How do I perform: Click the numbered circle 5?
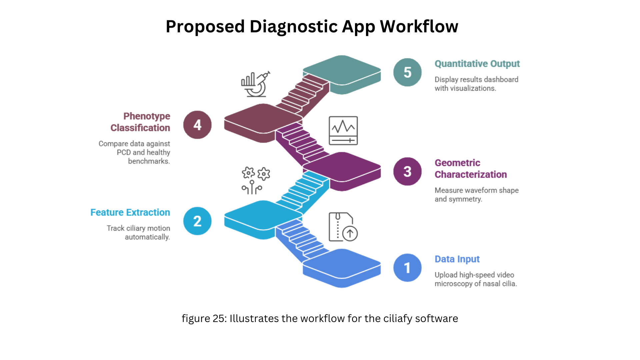click(x=407, y=72)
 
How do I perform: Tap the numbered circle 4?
click(x=197, y=125)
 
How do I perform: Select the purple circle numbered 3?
click(x=407, y=171)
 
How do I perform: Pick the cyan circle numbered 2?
click(x=197, y=221)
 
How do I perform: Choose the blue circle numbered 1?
click(x=407, y=268)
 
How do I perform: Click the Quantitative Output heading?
click(x=477, y=64)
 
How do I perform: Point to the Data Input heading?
click(x=457, y=259)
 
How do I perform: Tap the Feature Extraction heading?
click(x=130, y=212)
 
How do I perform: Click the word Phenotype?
click(x=147, y=116)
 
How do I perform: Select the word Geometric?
click(x=457, y=163)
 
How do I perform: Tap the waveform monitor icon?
click(x=343, y=131)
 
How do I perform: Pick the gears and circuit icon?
click(x=256, y=180)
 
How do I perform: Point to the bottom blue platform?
click(x=342, y=268)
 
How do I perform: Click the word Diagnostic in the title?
click(x=293, y=27)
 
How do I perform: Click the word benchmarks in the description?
click(x=149, y=161)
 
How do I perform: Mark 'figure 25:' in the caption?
click(x=204, y=319)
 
